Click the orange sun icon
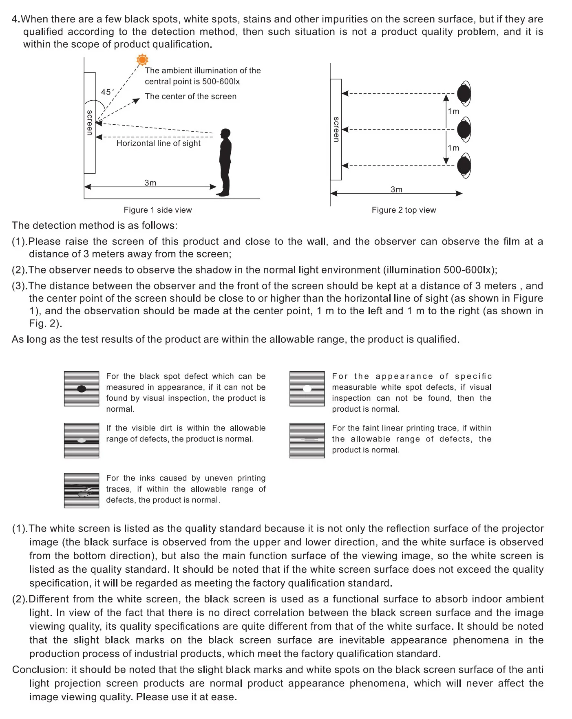click(x=142, y=60)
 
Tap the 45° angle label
click(x=107, y=92)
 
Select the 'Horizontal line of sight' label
click(x=158, y=143)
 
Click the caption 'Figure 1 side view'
click(x=158, y=210)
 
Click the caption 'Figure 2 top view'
click(x=404, y=210)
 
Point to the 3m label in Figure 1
click(x=150, y=183)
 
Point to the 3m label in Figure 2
click(x=396, y=190)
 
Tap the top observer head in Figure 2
click(x=464, y=93)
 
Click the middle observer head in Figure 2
click(x=464, y=130)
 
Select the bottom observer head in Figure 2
click(x=464, y=166)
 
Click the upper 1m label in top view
click(x=453, y=111)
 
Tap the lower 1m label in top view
click(x=453, y=148)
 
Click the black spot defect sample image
click(x=82, y=389)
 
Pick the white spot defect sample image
click(x=307, y=389)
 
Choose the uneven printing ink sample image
click(x=82, y=490)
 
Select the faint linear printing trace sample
click(x=307, y=440)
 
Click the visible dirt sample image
click(x=82, y=440)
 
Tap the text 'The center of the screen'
click(x=190, y=97)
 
